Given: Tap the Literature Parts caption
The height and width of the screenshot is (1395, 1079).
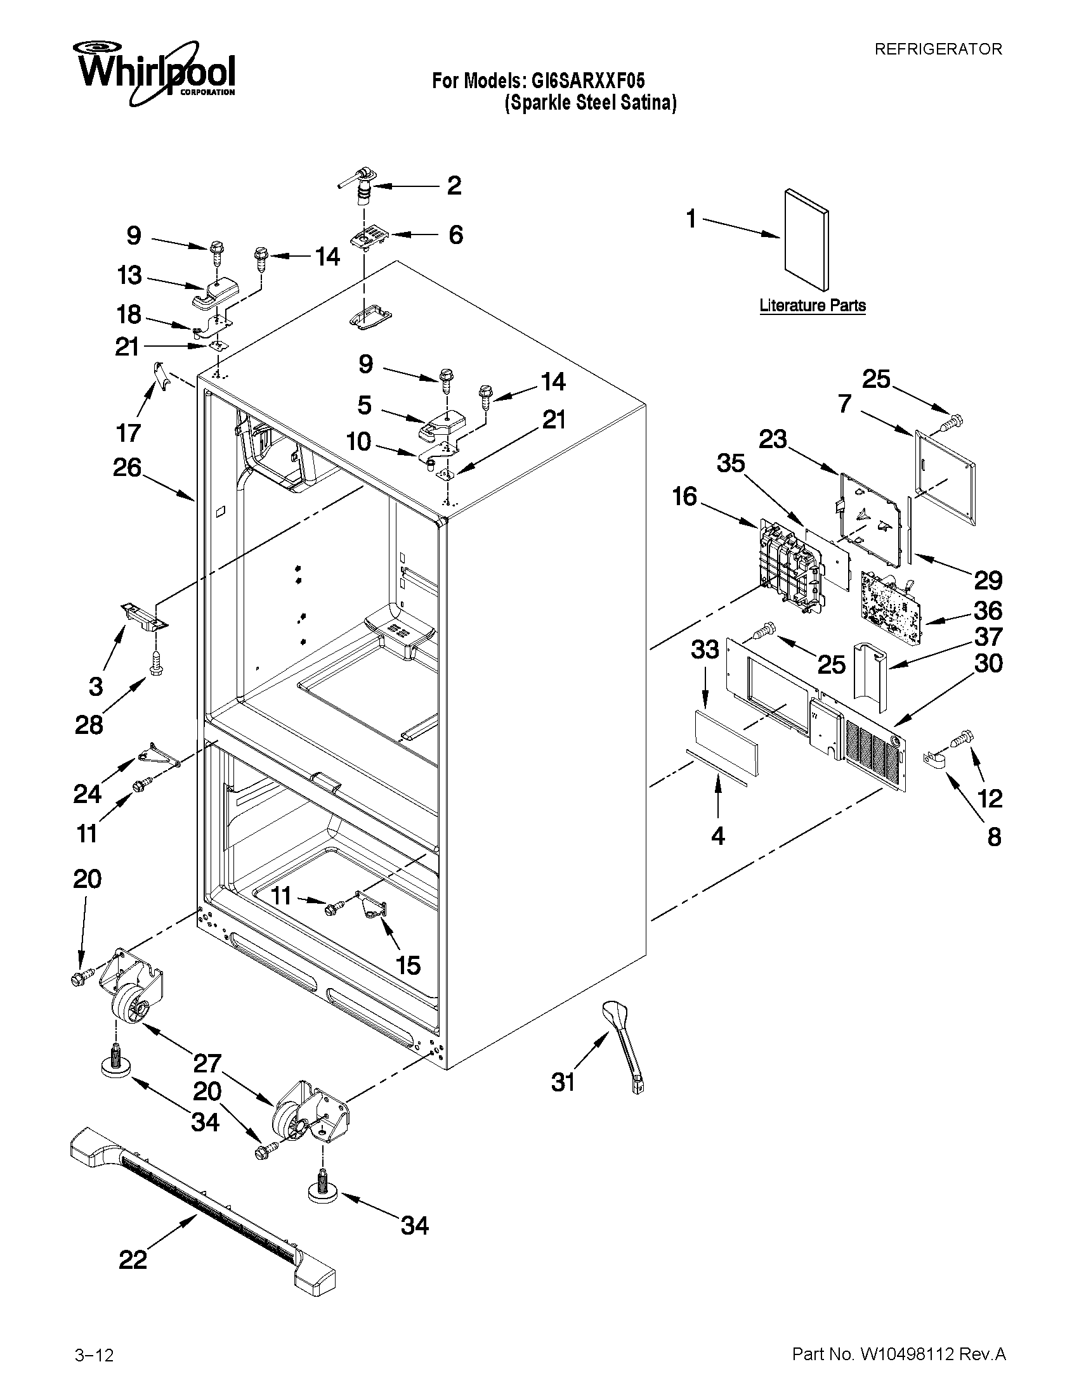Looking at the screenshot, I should pos(813,305).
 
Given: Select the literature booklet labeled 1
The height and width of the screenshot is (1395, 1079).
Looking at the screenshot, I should pos(806,239).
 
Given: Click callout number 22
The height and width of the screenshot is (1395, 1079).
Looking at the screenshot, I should pos(133,1258).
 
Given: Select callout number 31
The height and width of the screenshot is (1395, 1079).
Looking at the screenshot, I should pos(563,1081).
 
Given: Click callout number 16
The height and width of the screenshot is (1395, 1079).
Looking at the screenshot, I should pos(684,496).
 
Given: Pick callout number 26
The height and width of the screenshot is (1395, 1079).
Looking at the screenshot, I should pos(127,468).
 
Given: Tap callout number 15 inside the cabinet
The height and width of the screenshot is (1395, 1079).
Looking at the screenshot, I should pos(408,965).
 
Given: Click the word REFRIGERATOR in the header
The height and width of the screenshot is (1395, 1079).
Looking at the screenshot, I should pos(938,49).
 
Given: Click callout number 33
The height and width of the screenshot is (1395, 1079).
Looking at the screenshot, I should pos(704,650).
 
